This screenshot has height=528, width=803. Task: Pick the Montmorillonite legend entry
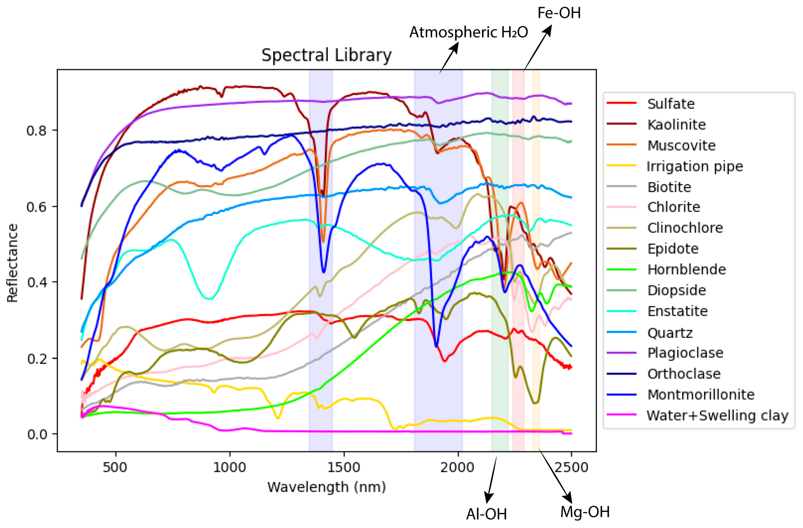pos(700,394)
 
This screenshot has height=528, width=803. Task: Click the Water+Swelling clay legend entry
pos(717,415)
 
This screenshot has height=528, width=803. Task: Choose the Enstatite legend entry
pos(677,311)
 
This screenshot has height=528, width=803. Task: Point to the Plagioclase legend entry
pos(685,353)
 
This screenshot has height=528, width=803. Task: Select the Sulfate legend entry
pos(671,104)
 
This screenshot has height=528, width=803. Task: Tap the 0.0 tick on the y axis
pos(36,434)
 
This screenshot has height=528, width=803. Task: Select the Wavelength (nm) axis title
pos(326,487)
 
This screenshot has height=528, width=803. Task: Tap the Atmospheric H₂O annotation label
pos(468,32)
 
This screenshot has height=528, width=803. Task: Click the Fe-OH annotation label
pos(559,13)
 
